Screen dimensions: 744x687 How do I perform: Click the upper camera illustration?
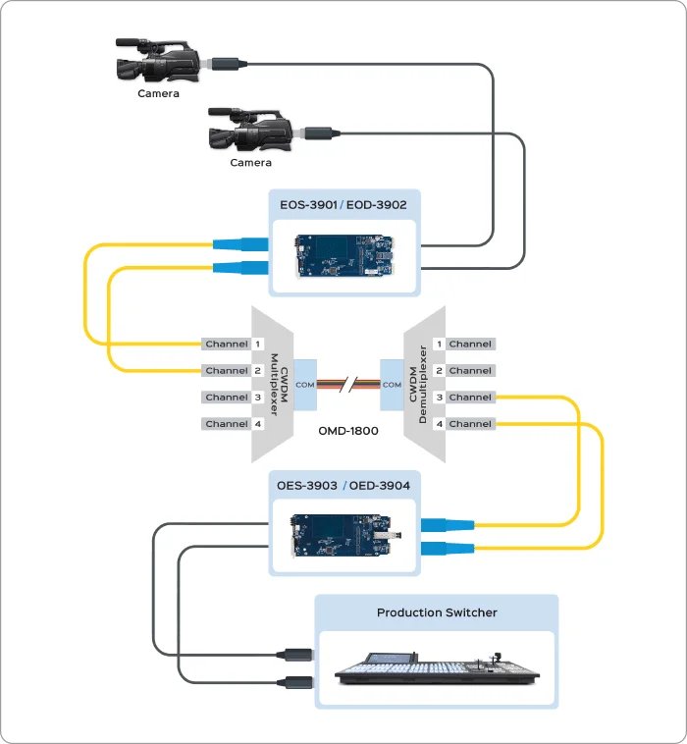tap(157, 62)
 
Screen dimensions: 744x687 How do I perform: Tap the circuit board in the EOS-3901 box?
tap(343, 255)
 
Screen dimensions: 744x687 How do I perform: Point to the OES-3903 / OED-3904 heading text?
tap(343, 485)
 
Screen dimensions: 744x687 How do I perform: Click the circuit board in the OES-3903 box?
tap(343, 536)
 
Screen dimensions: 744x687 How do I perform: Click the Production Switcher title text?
tap(437, 612)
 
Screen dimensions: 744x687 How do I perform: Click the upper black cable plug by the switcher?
tap(294, 653)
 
